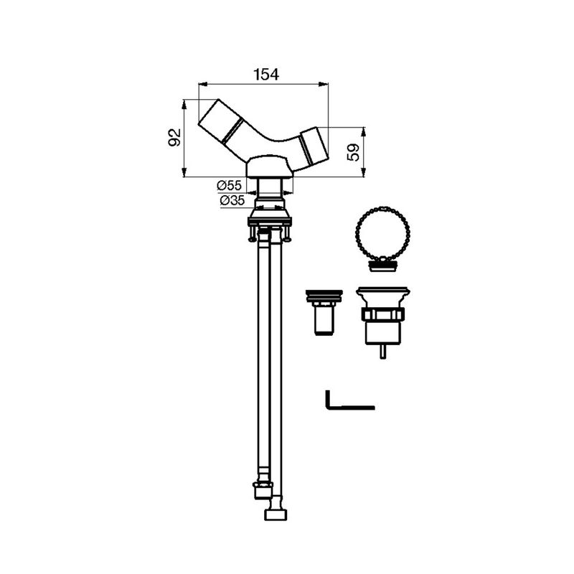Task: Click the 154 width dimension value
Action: coord(266,75)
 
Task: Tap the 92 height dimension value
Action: coord(174,138)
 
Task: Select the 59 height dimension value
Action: coord(354,152)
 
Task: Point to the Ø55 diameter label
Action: coord(229,186)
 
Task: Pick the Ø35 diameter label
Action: coord(232,201)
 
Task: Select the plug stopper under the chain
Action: coord(382,264)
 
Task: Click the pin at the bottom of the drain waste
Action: coord(382,352)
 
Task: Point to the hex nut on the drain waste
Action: coord(382,314)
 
